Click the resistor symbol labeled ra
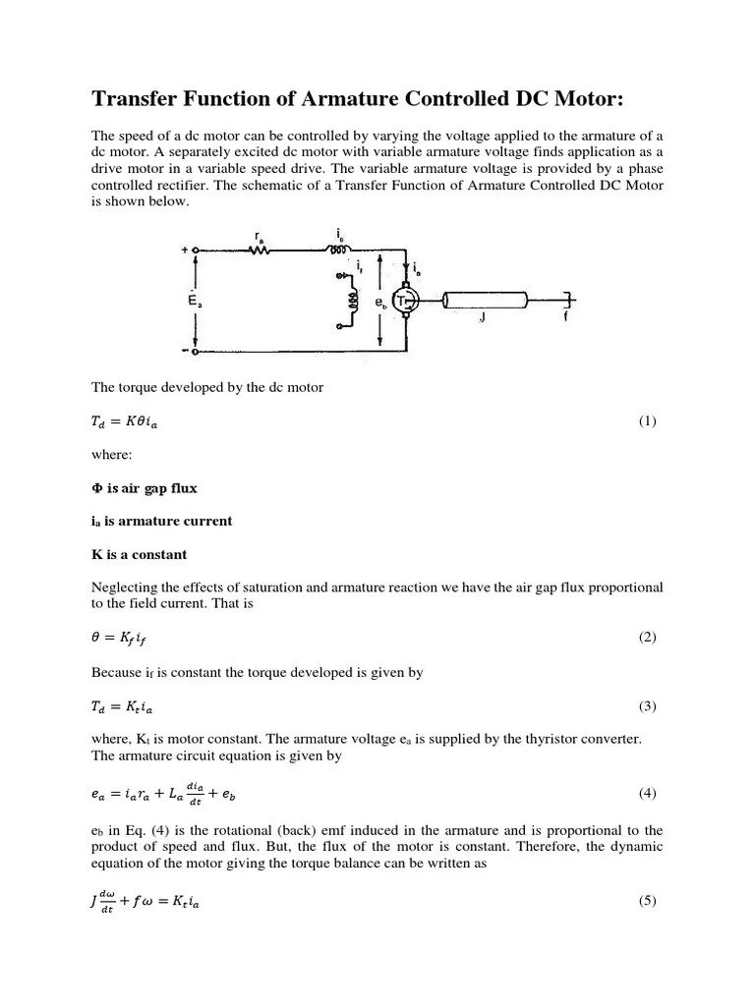261,251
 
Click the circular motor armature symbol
406,301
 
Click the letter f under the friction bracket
565,318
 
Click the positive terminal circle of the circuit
196,251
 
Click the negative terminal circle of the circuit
196,351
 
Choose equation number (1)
646,421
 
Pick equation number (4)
646,793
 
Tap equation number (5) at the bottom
646,901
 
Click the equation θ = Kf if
123,638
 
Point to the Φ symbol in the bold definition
96,487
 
